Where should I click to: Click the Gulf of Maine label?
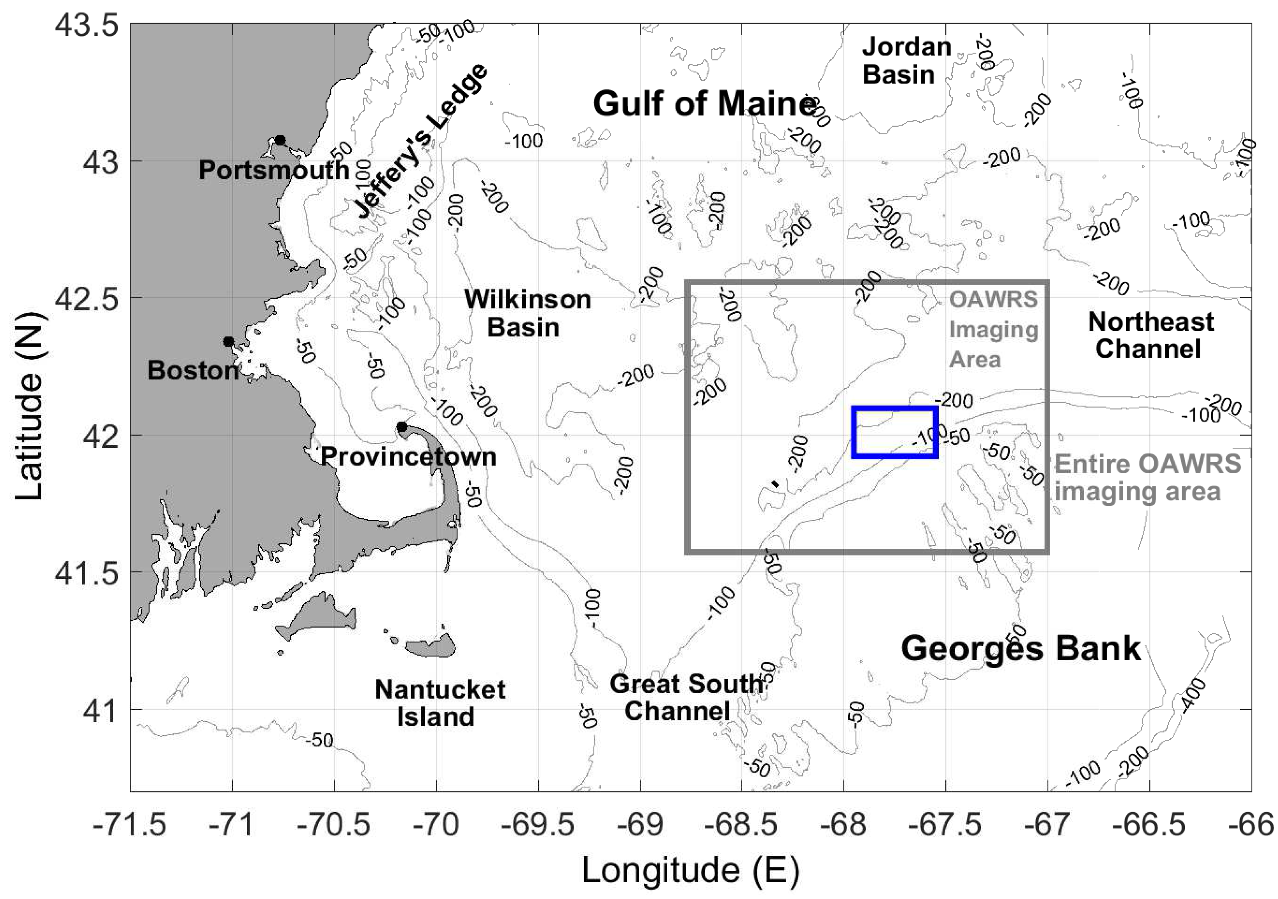coord(704,104)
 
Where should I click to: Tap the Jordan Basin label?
coord(906,61)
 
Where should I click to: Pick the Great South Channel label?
coord(686,697)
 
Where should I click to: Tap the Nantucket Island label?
coord(440,703)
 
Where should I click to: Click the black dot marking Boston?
coord(228,341)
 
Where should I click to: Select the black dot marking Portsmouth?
coord(280,140)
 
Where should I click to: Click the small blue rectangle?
coord(895,433)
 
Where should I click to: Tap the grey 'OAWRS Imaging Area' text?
coord(993,330)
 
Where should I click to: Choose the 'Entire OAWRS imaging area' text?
coord(1147,478)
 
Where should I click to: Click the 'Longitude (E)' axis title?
coord(691,871)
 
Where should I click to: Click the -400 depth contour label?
coord(1193,696)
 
